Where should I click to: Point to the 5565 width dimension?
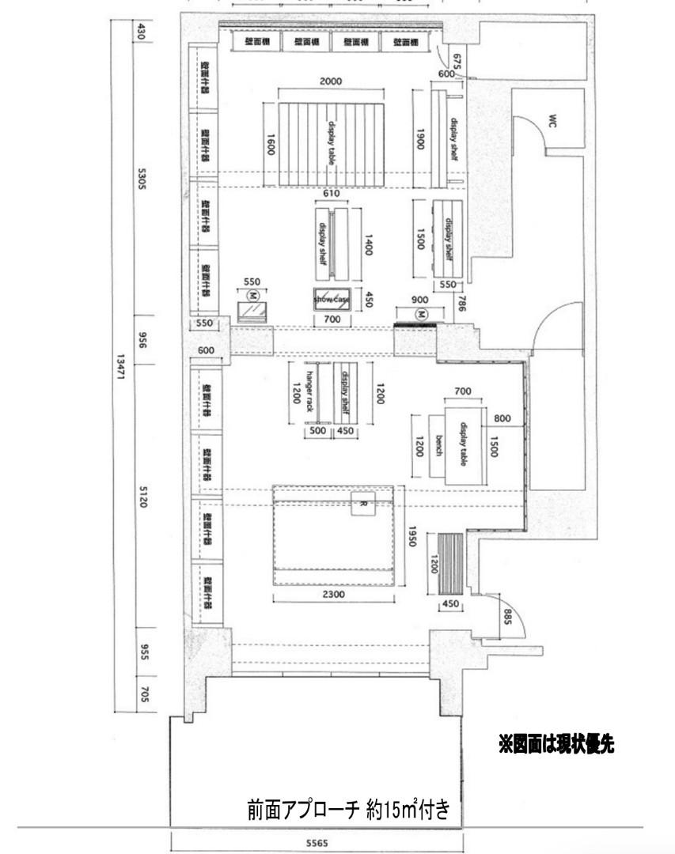pyautogui.click(x=317, y=843)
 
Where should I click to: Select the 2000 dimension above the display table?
pyautogui.click(x=331, y=81)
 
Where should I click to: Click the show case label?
pyautogui.click(x=331, y=300)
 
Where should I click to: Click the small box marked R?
pyautogui.click(x=362, y=503)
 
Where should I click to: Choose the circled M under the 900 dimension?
pyautogui.click(x=422, y=314)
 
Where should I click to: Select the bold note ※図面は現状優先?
pyautogui.click(x=556, y=744)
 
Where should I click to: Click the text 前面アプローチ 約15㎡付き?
pyautogui.click(x=348, y=811)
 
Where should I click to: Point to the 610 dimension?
pyautogui.click(x=333, y=194)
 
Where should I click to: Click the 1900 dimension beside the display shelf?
pyautogui.click(x=420, y=140)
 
